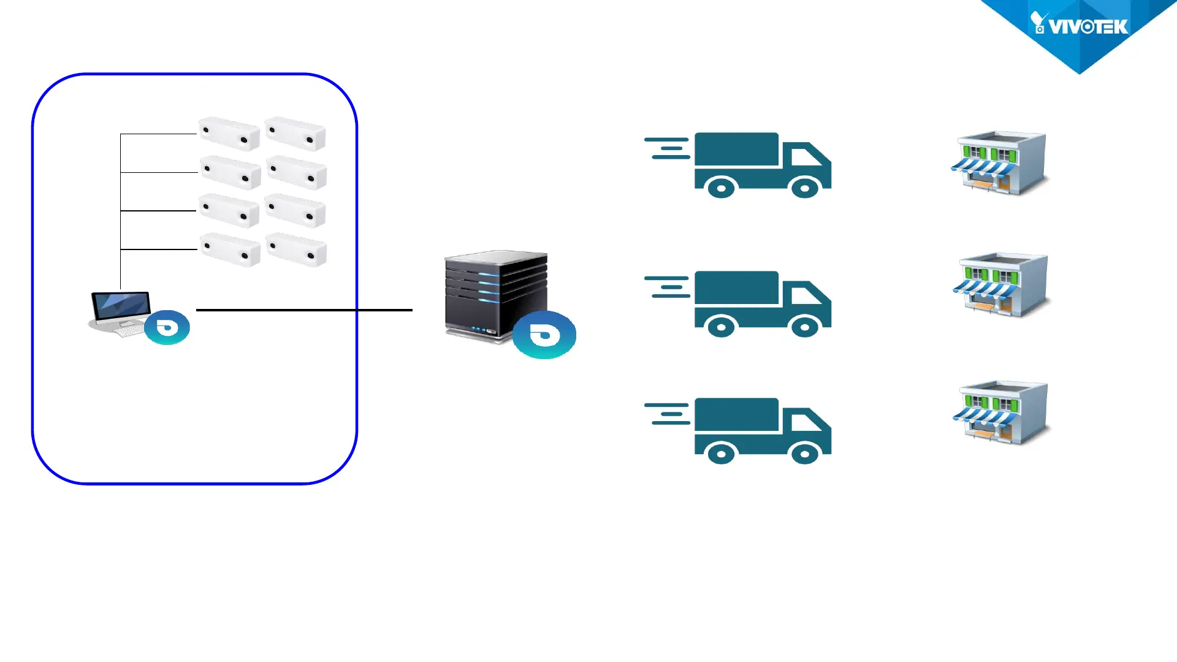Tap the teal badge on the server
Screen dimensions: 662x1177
point(544,335)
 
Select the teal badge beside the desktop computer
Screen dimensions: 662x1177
point(167,328)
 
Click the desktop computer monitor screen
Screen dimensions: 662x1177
point(121,305)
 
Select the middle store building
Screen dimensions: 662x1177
point(1002,284)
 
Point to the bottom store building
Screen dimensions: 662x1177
point(1002,413)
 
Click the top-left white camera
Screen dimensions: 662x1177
point(229,133)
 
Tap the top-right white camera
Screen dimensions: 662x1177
point(295,134)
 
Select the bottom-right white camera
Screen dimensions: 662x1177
point(297,249)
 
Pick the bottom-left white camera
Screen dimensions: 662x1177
point(230,249)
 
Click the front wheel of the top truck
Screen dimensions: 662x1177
point(805,188)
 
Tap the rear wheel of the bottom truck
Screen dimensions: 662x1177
point(721,454)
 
